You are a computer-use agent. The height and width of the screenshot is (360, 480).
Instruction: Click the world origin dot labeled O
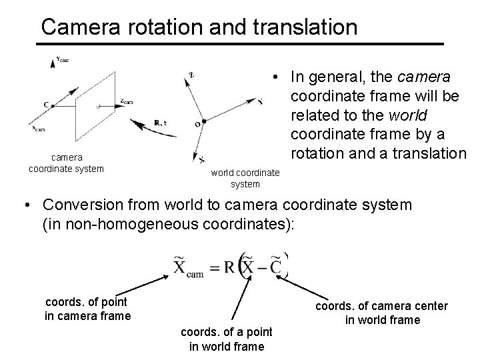click(x=203, y=121)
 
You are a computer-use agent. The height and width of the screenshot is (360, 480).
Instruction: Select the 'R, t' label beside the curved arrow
click(x=160, y=122)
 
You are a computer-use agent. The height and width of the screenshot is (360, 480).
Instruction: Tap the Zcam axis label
click(x=127, y=102)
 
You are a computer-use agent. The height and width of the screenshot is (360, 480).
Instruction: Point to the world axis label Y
click(x=259, y=101)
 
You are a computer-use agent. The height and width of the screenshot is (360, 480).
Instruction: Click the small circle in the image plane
click(x=98, y=106)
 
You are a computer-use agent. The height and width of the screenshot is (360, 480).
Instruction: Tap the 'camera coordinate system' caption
click(x=66, y=163)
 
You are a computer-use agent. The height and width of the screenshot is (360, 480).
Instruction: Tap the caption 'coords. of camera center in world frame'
click(x=382, y=313)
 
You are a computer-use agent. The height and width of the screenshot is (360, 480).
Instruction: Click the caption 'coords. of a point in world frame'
click(x=227, y=339)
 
